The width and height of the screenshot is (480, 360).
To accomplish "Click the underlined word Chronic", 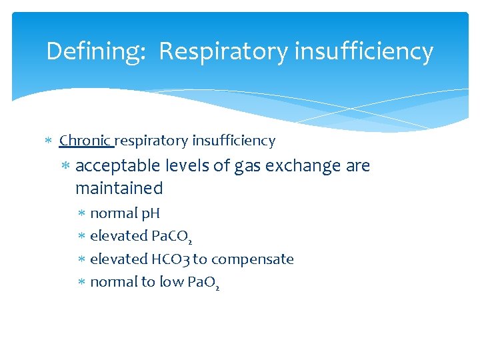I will point(85,141).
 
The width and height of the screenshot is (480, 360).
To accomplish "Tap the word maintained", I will point(119,189).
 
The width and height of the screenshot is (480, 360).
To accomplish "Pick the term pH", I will point(151,214).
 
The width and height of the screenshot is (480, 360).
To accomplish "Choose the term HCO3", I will point(171,259).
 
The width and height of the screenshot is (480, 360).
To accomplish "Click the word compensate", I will point(253,259).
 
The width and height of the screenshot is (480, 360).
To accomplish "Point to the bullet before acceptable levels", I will point(65,166).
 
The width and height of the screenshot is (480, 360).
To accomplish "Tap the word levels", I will point(187,166).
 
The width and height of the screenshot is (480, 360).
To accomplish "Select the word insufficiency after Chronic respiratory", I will point(233,141).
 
